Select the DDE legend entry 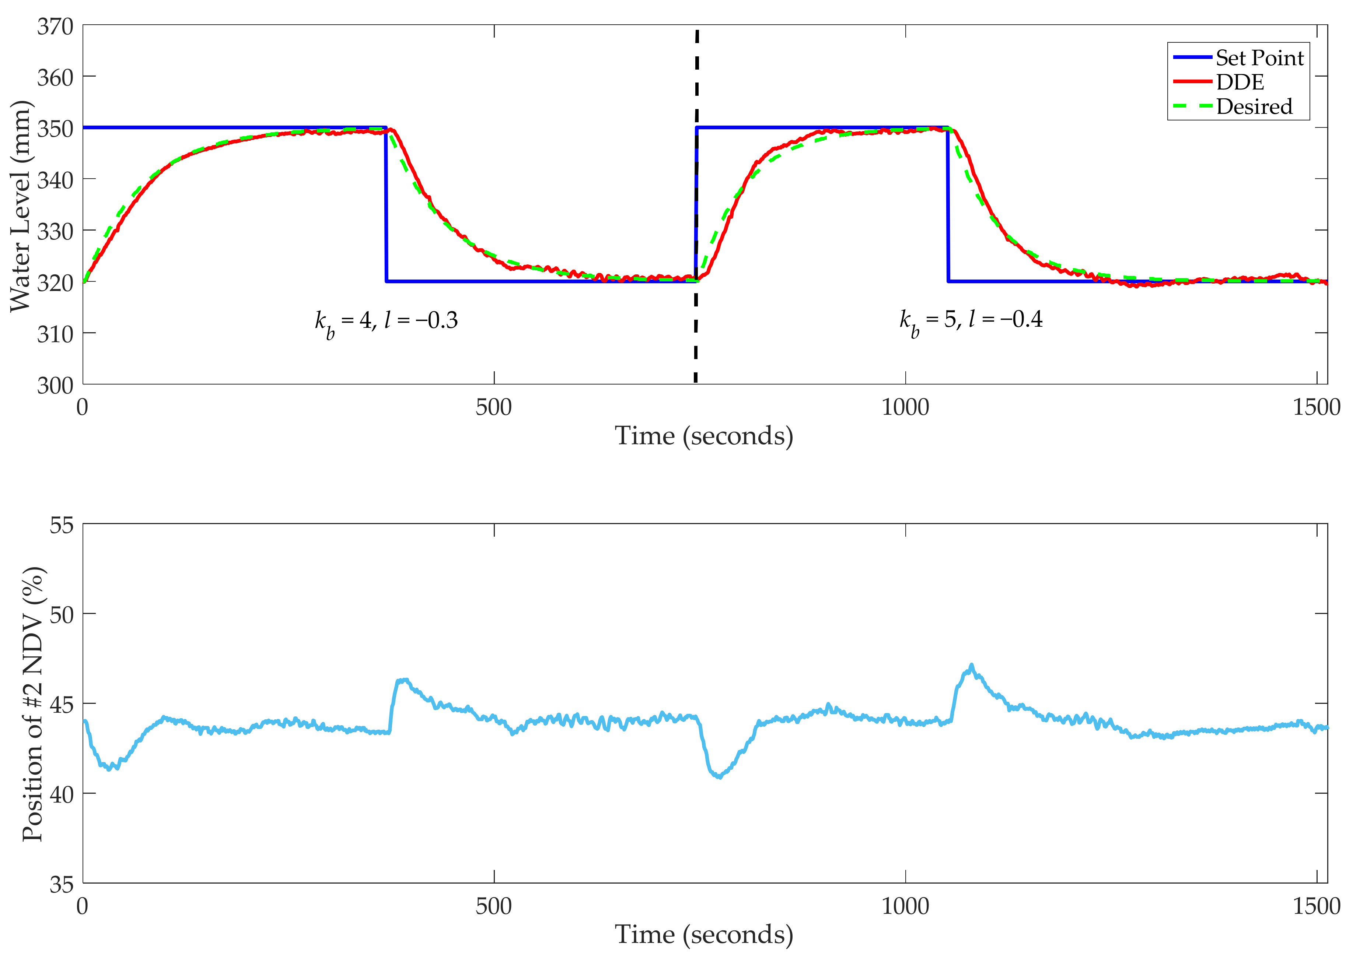point(1240,82)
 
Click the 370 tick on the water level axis point(55,27)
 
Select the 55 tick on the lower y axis point(62,525)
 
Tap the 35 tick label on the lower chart point(62,885)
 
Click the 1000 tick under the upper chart point(905,408)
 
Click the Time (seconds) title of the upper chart point(704,436)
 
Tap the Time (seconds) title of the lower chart point(704,935)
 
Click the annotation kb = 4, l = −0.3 point(387,322)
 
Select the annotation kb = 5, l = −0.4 point(971,320)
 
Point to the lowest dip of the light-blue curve point(720,777)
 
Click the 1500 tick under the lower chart point(1316,906)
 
